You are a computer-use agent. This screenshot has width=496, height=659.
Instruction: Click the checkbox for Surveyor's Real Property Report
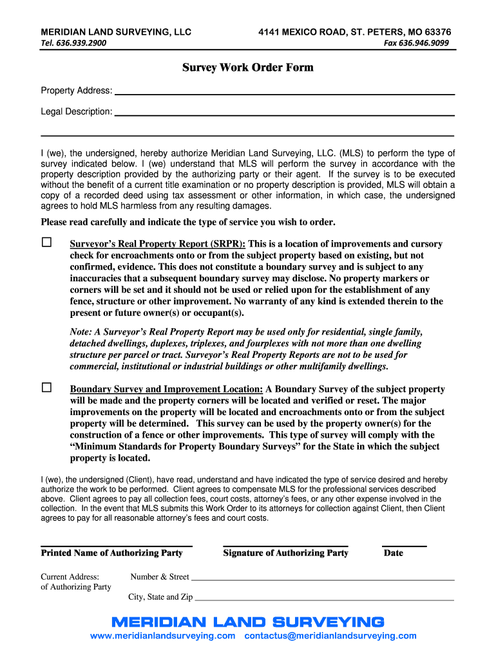(46, 243)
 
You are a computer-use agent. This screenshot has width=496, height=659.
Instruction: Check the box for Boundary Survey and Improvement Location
(46, 387)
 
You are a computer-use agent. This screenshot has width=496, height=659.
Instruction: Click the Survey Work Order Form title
(248, 68)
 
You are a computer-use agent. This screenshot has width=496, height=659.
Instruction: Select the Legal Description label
(76, 111)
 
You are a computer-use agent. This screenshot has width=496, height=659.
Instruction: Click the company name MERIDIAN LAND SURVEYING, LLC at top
(116, 32)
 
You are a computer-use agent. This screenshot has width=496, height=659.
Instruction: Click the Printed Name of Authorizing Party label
(111, 553)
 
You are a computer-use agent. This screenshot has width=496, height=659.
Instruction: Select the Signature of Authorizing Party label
(285, 553)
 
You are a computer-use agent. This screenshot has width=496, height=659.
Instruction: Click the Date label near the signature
(393, 553)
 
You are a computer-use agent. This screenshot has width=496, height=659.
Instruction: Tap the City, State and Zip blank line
(325, 599)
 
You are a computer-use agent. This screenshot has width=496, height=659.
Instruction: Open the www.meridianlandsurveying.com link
(163, 636)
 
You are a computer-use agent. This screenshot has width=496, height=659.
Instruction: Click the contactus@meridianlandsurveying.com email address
(330, 636)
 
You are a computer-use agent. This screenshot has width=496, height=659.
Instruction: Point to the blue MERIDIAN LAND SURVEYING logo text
(248, 622)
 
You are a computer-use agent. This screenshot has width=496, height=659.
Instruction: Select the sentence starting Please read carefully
(188, 222)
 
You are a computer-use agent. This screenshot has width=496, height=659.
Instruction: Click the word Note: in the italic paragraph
(81, 332)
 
